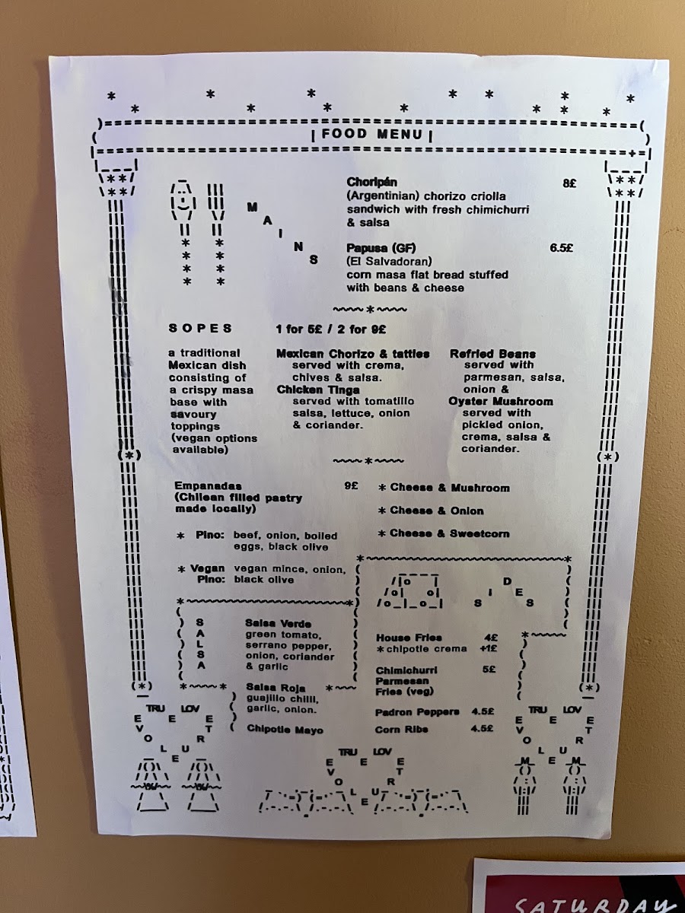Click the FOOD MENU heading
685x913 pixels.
click(371, 135)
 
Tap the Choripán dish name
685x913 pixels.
click(372, 182)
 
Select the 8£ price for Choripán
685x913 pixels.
click(569, 183)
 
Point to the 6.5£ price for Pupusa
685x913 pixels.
click(562, 248)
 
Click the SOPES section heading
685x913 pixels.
click(200, 328)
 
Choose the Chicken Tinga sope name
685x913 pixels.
click(318, 390)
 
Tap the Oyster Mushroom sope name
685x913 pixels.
click(501, 402)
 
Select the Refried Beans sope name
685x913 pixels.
click(492, 354)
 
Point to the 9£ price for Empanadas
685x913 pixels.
click(351, 485)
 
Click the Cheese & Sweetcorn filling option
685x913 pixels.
click(444, 533)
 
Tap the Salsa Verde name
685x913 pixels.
click(278, 623)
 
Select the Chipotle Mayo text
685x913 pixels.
click(285, 730)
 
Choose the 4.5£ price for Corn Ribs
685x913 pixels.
click(482, 728)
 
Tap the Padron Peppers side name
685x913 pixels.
click(417, 712)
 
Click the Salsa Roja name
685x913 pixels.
click(276, 687)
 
